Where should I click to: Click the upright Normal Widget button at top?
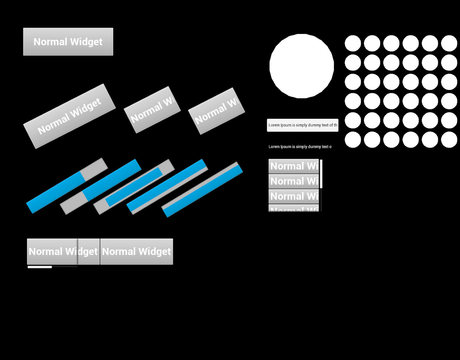click(68, 42)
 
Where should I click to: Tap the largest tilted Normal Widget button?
click(69, 116)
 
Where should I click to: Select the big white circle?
click(301, 66)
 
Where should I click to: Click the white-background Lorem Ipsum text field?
click(302, 125)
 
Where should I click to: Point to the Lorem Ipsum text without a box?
click(300, 147)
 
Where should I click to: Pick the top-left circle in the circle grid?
click(353, 43)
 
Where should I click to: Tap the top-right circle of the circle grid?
click(449, 43)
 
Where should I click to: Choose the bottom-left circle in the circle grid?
click(353, 139)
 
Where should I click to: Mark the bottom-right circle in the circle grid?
click(449, 139)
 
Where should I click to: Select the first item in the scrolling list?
click(294, 166)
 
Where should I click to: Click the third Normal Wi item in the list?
click(294, 196)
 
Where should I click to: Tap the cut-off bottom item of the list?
click(294, 208)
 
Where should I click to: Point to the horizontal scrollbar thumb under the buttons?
click(40, 267)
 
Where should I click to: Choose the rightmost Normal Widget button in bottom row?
click(136, 251)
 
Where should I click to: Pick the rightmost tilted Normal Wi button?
click(217, 111)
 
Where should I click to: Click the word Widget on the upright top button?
click(86, 42)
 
